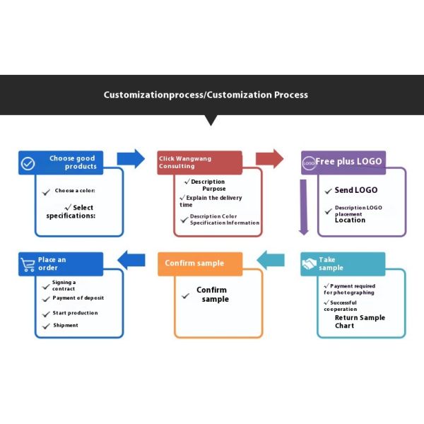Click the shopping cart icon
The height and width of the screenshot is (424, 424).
pos(28,264)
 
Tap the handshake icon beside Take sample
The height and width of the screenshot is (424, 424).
pos(309,264)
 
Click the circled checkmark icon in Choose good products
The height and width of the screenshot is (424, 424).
pos(28,163)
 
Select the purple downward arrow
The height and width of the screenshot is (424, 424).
pos(303,207)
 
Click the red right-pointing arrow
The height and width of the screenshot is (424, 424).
pos(270,159)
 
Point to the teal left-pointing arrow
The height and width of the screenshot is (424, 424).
pos(271,260)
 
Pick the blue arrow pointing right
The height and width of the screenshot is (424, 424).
pos(131,159)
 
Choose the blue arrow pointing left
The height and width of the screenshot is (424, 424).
pos(131,260)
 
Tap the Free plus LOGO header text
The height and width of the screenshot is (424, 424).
pos(348,161)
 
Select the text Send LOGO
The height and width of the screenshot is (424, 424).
pos(356,190)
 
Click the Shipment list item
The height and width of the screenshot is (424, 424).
pos(66,325)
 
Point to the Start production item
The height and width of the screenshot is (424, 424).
pos(75,313)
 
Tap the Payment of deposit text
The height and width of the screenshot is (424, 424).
pos(78,298)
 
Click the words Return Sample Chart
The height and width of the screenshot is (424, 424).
pos(360,322)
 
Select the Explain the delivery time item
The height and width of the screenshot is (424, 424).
pos(211,201)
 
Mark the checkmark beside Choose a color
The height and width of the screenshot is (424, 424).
pos(46,192)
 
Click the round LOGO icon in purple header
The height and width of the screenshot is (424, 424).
pos(309,163)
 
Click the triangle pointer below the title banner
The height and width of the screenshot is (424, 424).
pos(211,120)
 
